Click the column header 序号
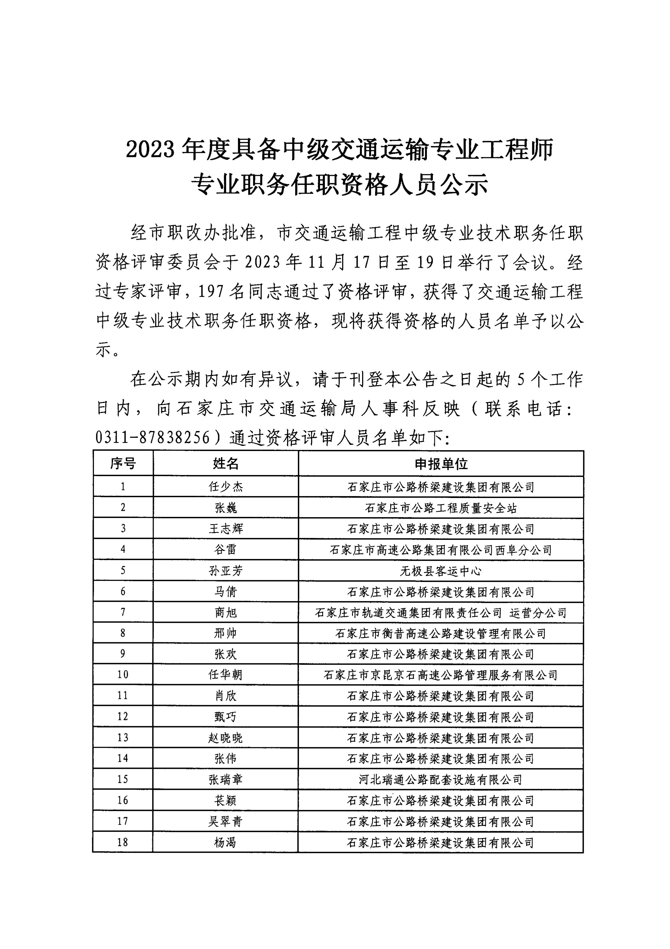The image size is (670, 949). click(x=123, y=464)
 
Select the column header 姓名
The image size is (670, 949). click(x=226, y=464)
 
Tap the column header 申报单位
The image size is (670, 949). click(x=441, y=464)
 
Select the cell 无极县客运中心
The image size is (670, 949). click(x=441, y=571)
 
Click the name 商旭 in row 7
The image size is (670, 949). click(x=226, y=612)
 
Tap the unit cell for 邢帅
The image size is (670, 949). click(x=441, y=633)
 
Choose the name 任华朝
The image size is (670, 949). click(x=226, y=675)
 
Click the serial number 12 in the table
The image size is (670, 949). click(x=123, y=717)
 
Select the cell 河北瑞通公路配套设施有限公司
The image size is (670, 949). click(x=441, y=779)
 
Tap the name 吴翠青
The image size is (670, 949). click(x=226, y=821)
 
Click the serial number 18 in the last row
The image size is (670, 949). click(x=123, y=842)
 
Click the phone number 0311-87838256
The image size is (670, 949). click(x=153, y=437)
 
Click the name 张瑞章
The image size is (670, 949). click(x=226, y=779)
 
